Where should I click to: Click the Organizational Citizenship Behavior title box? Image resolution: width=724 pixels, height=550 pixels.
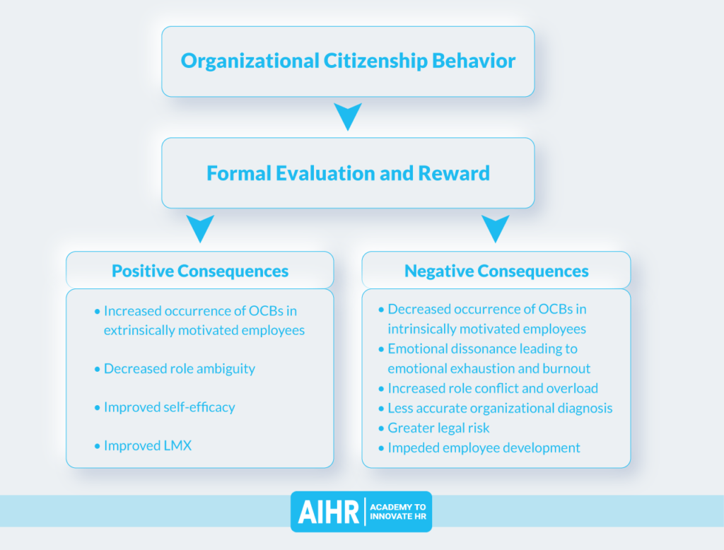pyautogui.click(x=348, y=61)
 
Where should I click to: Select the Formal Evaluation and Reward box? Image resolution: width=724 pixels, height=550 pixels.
pyautogui.click(x=348, y=173)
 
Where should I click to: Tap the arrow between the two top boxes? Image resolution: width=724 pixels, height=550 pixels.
pyautogui.click(x=347, y=116)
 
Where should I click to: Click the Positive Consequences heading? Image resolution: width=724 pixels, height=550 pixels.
pyautogui.click(x=200, y=271)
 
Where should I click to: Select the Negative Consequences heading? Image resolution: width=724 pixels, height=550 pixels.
pyautogui.click(x=496, y=271)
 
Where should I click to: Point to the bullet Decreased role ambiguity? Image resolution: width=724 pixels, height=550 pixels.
pyautogui.click(x=179, y=368)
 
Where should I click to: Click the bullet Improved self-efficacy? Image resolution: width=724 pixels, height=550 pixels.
pyautogui.click(x=169, y=407)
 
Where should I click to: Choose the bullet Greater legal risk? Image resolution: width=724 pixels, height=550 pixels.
pyautogui.click(x=438, y=428)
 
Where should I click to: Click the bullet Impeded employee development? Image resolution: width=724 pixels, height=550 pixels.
pyautogui.click(x=484, y=447)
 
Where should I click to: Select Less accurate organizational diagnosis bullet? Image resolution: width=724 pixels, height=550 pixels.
pyautogui.click(x=500, y=408)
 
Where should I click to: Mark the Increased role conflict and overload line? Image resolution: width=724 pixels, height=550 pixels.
pyautogui.click(x=493, y=388)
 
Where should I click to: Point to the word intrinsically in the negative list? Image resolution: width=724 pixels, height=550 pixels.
pyautogui.click(x=420, y=329)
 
